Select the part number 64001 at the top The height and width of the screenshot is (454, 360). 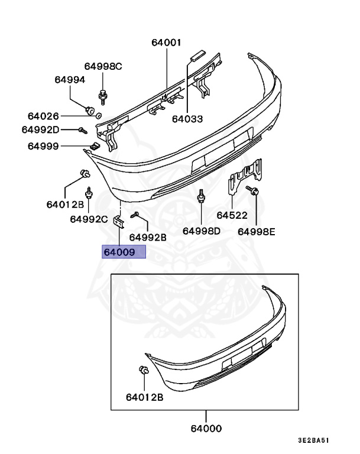click(166, 43)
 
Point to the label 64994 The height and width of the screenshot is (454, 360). click(70, 79)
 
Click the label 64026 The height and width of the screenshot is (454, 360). click(43, 116)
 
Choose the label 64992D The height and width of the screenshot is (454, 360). click(40, 129)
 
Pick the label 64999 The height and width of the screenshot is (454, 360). click(43, 145)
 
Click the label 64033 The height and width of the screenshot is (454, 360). click(187, 119)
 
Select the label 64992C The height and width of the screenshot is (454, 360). click(89, 219)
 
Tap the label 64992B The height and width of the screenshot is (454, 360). click(148, 237)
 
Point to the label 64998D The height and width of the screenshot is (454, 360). click(201, 231)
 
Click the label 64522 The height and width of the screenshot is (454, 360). click(232, 216)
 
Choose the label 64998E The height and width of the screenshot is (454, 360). click(257, 231)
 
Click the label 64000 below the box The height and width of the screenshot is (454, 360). click(206, 429)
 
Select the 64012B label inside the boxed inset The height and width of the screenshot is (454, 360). click(144, 397)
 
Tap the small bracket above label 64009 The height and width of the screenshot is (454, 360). click(118, 222)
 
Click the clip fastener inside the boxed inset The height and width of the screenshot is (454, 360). click(143, 371)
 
